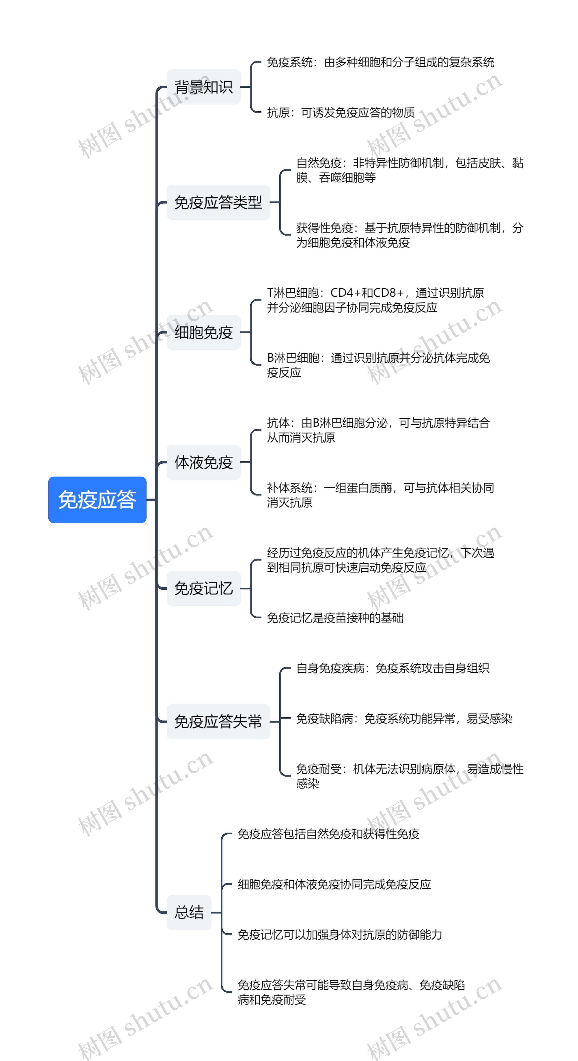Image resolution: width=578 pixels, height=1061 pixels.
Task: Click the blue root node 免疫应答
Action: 97,500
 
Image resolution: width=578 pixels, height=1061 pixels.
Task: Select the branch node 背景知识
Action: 203,87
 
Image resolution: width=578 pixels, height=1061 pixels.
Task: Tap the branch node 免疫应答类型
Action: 218,202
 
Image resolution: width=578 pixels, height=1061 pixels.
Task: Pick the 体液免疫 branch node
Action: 203,462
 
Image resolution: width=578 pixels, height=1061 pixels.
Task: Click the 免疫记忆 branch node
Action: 203,588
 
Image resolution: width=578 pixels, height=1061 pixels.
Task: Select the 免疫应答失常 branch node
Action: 218,722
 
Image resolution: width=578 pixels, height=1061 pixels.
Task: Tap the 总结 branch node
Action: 189,912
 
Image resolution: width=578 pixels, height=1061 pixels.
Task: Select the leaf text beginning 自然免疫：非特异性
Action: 410,170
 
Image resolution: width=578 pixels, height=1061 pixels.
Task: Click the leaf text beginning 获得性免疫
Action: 410,235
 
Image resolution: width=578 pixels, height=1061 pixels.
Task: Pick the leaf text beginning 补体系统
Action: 380,495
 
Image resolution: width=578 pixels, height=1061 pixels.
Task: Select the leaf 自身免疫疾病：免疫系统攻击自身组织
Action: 393,668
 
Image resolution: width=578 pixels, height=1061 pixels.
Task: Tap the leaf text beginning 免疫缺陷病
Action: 404,719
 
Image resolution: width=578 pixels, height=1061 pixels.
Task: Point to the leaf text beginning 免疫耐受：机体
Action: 410,776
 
